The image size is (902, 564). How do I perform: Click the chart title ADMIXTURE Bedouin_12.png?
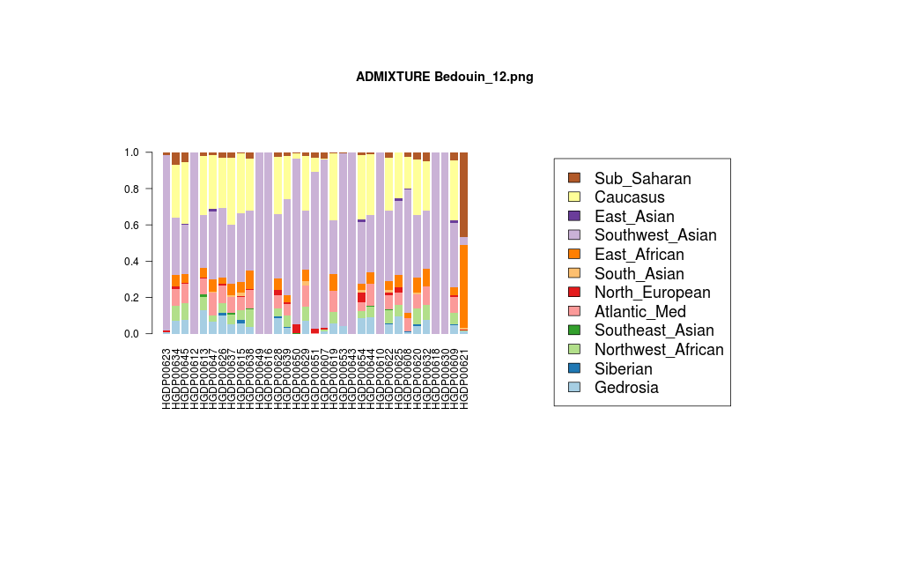pyautogui.click(x=444, y=77)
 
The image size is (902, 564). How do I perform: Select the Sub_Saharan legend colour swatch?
pyautogui.click(x=574, y=178)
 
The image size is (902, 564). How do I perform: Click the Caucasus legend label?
pyautogui.click(x=629, y=197)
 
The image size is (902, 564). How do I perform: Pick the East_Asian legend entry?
pyautogui.click(x=634, y=217)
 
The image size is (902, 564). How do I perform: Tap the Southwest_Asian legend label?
pyautogui.click(x=655, y=235)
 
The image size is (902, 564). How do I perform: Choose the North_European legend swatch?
pyautogui.click(x=574, y=293)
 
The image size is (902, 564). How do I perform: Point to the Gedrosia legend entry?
pyautogui.click(x=626, y=388)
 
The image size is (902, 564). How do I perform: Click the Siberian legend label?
pyautogui.click(x=623, y=368)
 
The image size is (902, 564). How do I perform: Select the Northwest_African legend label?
pyautogui.click(x=659, y=350)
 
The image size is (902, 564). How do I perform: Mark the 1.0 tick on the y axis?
pyautogui.click(x=131, y=152)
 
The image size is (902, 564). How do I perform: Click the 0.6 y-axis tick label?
pyautogui.click(x=131, y=225)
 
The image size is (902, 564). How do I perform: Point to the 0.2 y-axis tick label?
pyautogui.click(x=131, y=298)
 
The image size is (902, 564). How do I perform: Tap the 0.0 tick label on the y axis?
pyautogui.click(x=131, y=334)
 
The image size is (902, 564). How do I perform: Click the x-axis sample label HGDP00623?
pyautogui.click(x=166, y=378)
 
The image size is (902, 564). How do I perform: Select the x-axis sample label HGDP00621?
pyautogui.click(x=463, y=378)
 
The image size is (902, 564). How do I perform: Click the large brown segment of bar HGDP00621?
pyautogui.click(x=463, y=194)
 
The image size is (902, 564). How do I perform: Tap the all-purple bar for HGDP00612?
pyautogui.click(x=194, y=242)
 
